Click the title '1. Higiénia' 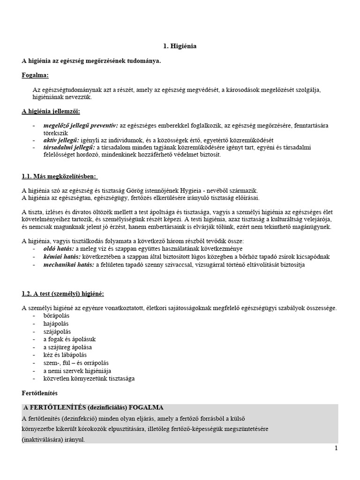click(180, 46)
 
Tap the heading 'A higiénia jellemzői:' click(51, 111)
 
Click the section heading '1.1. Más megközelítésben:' click(59, 176)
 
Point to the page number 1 click(336, 448)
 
